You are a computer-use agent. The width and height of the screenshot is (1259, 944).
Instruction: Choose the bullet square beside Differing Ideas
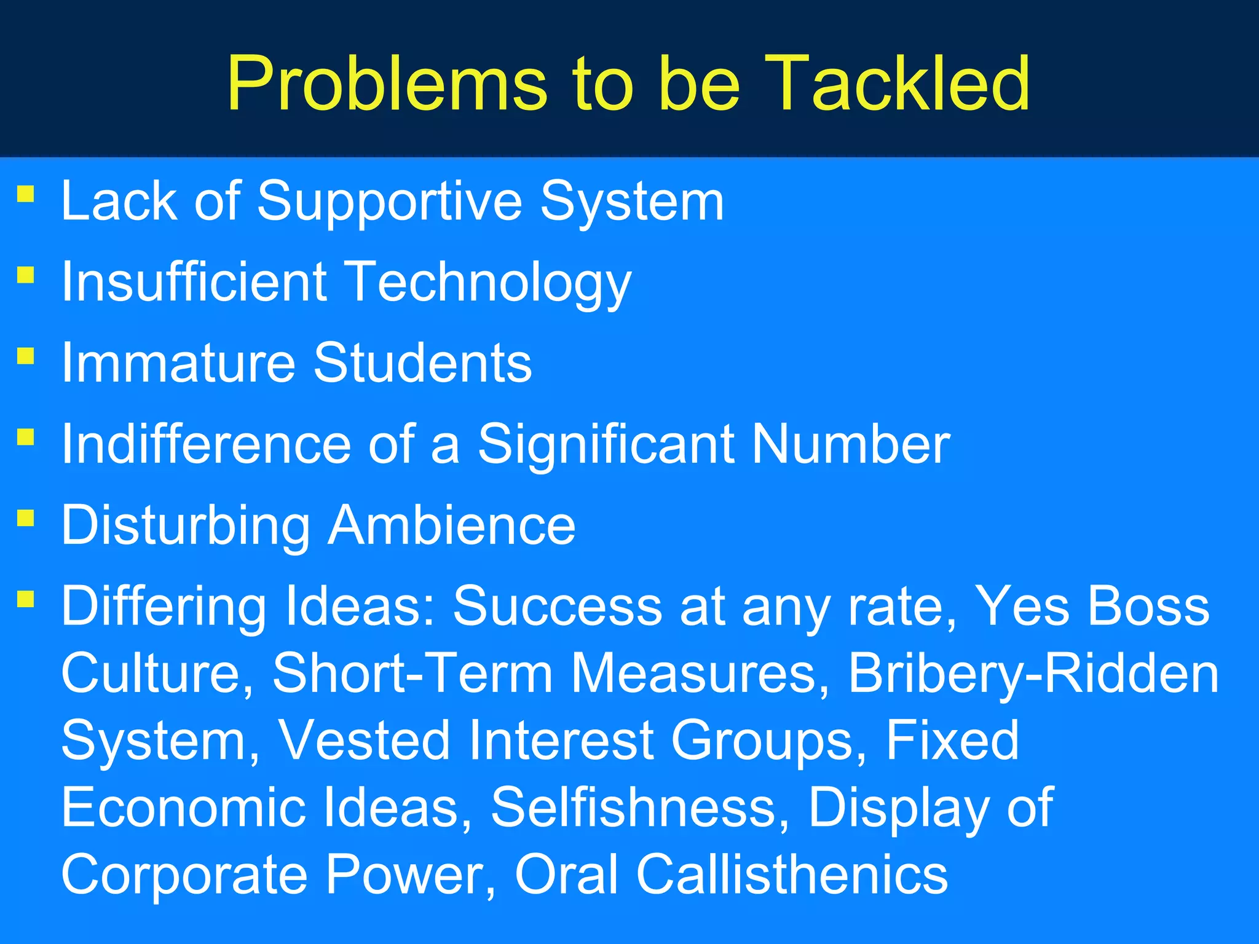pyautogui.click(x=26, y=599)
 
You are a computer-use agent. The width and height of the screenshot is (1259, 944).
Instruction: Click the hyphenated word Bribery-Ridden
pyautogui.click(x=1033, y=674)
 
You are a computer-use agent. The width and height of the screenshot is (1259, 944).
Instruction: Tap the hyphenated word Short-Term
pyautogui.click(x=412, y=674)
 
